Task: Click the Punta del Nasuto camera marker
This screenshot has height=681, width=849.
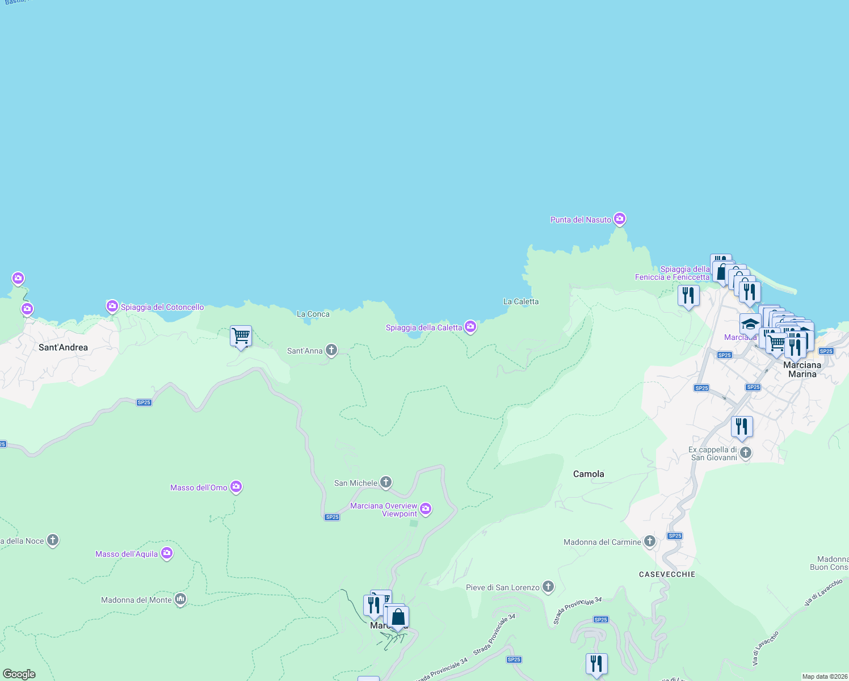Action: (620, 218)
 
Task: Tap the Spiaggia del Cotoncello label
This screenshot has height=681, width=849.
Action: (162, 307)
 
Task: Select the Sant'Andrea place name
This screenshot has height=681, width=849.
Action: (63, 347)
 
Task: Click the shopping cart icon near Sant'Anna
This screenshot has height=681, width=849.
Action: (241, 336)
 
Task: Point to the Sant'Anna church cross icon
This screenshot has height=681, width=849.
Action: (331, 350)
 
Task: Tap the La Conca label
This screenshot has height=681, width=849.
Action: (313, 314)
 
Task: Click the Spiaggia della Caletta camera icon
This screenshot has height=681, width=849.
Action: (470, 326)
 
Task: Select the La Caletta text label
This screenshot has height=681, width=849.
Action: (520, 301)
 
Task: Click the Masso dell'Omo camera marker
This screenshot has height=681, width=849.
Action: (236, 487)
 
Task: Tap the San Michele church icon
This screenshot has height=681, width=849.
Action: (386, 482)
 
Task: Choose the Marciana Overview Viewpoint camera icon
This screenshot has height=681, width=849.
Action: (426, 508)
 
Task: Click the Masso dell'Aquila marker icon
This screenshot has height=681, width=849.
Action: (166, 553)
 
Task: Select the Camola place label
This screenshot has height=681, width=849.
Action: (589, 474)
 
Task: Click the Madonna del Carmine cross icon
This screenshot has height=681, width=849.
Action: (650, 541)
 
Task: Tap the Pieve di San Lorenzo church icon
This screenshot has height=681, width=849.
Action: (548, 586)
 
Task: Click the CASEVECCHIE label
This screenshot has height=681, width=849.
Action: (667, 574)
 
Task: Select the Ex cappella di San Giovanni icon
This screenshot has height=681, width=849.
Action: (746, 452)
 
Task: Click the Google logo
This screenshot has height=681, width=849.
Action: (19, 674)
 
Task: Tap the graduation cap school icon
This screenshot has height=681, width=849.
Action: (750, 324)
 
